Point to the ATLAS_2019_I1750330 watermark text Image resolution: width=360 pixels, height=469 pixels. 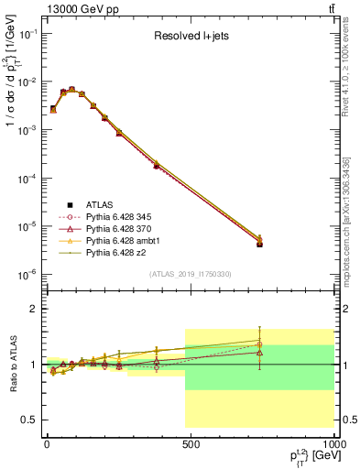tap(191, 274)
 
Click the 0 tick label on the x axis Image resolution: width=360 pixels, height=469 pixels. tap(46, 443)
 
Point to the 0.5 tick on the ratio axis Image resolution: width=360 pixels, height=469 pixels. tap(27, 420)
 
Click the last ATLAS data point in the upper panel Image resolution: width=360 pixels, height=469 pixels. tap(260, 245)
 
